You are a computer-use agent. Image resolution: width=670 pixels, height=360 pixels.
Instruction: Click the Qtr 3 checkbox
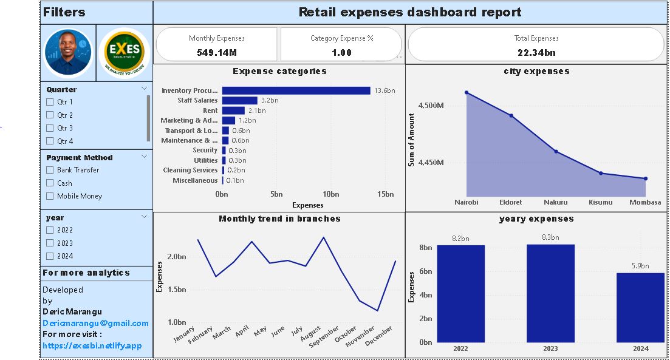click(50, 128)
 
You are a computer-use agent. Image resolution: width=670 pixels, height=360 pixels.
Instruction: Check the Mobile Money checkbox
click(50, 196)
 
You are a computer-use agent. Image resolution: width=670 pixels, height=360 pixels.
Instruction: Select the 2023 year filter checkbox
click(50, 243)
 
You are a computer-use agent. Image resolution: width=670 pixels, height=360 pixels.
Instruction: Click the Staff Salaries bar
click(239, 100)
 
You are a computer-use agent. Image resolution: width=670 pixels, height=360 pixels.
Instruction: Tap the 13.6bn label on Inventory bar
click(385, 90)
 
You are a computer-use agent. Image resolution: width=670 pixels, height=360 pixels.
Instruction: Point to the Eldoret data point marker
click(511, 115)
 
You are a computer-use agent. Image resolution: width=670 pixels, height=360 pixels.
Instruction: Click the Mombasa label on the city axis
click(645, 202)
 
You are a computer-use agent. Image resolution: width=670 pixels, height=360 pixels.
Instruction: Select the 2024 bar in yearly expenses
click(640, 307)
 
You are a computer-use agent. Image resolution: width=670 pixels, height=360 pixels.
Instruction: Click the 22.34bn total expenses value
click(536, 53)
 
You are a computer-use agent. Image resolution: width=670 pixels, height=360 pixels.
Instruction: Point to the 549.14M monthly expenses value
click(216, 53)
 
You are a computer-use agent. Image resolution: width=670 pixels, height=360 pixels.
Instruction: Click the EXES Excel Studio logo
click(124, 52)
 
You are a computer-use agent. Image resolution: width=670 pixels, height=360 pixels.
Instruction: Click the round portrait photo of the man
click(68, 53)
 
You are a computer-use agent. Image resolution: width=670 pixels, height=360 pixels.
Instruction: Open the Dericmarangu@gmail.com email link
click(95, 323)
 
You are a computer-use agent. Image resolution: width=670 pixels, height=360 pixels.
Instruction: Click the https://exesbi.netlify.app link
click(92, 345)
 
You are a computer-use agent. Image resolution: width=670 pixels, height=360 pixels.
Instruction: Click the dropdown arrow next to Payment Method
click(144, 156)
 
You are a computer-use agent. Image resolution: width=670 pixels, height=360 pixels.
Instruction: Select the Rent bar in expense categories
click(233, 110)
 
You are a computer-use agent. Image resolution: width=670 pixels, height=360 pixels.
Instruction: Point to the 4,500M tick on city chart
click(431, 106)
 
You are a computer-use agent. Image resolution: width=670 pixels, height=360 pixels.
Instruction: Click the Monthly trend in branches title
click(279, 219)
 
